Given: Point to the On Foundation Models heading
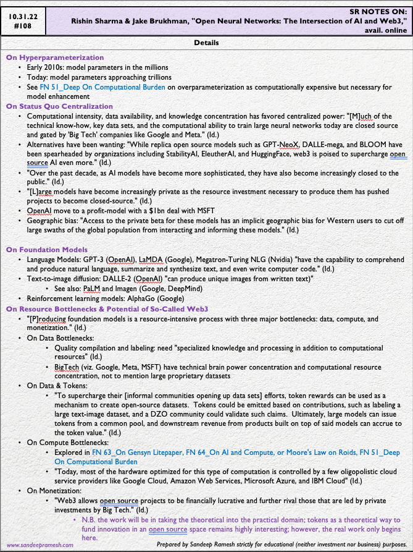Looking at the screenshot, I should (46, 249).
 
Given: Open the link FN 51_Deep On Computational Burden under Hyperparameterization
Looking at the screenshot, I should (112, 87).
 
